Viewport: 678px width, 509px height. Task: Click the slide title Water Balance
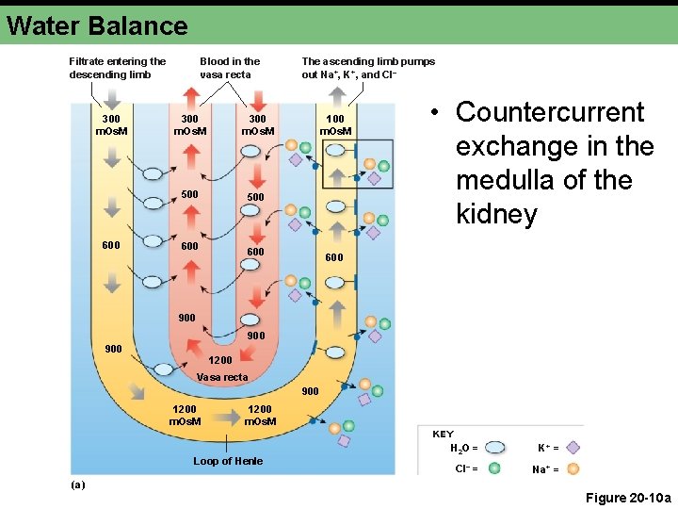[97, 25]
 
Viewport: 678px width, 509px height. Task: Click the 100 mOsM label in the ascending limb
[335, 124]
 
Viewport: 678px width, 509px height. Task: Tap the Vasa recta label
[222, 377]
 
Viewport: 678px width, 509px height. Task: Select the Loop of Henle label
[228, 461]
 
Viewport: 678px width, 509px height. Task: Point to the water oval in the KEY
[495, 448]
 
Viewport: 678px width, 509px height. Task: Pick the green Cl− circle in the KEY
[493, 468]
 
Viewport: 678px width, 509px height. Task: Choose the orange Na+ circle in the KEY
[573, 468]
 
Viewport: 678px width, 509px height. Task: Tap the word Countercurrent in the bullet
[550, 112]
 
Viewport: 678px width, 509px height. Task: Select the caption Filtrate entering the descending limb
[117, 68]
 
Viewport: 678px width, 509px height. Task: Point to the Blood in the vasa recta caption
[230, 68]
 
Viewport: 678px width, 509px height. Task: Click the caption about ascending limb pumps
[368, 68]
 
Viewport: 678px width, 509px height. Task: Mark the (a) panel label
[77, 484]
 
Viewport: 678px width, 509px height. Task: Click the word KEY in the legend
[443, 435]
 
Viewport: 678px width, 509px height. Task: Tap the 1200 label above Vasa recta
[220, 360]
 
